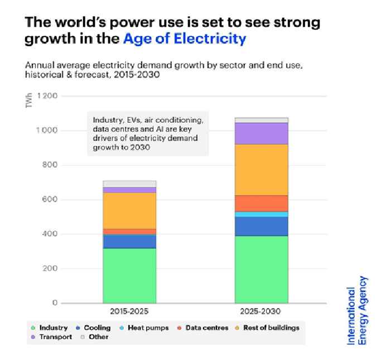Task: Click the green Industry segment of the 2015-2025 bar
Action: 129,276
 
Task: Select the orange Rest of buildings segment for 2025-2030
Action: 261,170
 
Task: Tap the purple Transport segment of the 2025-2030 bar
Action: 261,133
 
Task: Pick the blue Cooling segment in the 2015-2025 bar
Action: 129,241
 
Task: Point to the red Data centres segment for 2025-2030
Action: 261,203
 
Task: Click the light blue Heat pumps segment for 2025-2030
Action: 261,214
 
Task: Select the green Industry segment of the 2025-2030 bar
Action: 261,269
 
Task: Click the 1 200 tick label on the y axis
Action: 47,96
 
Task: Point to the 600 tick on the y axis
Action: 51,199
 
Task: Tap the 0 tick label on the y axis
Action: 55,303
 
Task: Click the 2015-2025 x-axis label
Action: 129,311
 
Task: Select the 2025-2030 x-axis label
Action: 261,311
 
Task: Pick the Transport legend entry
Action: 55,337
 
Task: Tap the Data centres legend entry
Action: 206,328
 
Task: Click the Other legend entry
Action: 98,337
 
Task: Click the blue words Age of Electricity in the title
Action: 185,39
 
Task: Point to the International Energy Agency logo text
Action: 359,315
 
